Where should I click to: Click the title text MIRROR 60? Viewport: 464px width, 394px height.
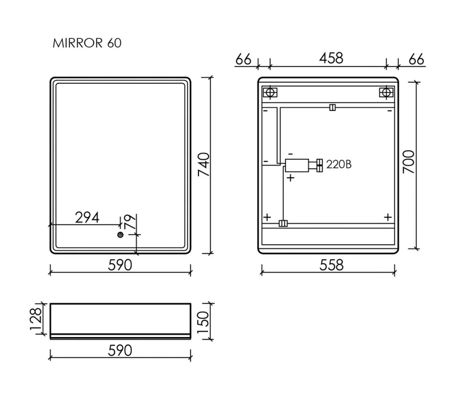[87, 43]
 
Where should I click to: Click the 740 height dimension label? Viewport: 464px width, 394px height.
[204, 164]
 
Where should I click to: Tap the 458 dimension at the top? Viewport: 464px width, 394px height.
[331, 58]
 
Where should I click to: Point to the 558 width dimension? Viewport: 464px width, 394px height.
[331, 264]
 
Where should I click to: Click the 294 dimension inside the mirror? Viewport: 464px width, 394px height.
[87, 218]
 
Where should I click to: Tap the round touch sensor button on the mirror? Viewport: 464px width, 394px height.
[120, 235]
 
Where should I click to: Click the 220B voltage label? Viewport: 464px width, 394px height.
[339, 165]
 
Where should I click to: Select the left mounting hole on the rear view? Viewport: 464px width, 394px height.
[269, 92]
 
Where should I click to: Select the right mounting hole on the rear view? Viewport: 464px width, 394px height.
[385, 92]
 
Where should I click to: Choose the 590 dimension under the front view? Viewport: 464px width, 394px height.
[120, 264]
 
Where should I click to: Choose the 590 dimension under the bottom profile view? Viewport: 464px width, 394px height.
[120, 350]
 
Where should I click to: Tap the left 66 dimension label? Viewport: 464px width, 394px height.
[243, 60]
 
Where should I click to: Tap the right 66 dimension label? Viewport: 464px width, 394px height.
[416, 60]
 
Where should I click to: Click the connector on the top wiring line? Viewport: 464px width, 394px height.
[332, 108]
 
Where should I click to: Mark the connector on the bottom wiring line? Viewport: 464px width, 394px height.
[283, 223]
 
